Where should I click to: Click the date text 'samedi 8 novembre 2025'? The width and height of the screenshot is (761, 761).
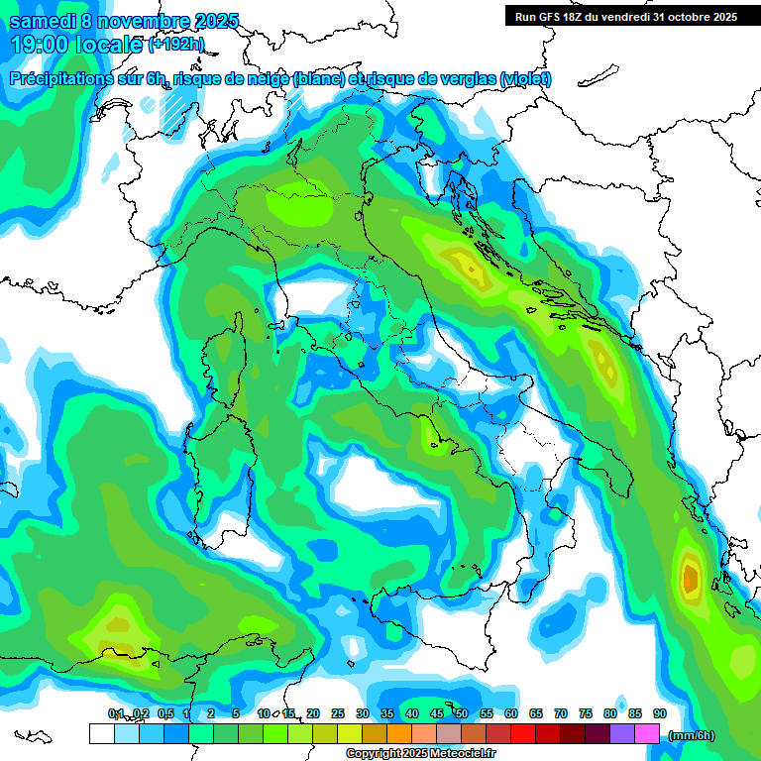(124, 21)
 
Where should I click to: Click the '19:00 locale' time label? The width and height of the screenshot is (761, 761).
(75, 44)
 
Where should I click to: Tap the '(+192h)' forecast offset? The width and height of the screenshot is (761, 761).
(176, 44)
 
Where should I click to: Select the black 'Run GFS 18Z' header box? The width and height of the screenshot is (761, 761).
(626, 16)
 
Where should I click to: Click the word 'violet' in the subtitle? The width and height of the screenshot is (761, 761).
(524, 79)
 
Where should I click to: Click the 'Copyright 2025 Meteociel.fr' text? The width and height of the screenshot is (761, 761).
(420, 754)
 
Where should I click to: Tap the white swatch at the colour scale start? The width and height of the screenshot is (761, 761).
(101, 734)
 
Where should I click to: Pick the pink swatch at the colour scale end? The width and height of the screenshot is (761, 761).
(647, 734)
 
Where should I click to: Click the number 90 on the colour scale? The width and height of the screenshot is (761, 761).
(660, 713)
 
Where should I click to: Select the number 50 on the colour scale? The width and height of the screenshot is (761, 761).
(462, 713)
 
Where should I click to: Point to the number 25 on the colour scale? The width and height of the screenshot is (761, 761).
(338, 713)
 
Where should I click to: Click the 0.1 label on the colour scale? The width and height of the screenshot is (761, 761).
(116, 713)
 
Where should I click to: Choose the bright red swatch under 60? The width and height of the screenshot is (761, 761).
(523, 734)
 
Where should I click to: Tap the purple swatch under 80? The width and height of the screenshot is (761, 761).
(622, 734)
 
